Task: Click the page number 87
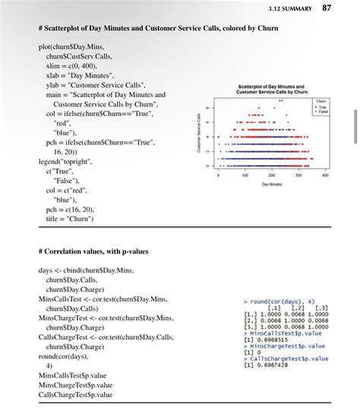point(327,8)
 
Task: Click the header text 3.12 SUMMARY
point(292,9)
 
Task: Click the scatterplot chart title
point(271,90)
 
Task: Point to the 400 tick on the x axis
point(325,174)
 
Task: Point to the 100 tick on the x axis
point(245,174)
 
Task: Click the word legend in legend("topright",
point(50,162)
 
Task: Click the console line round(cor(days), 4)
point(281,301)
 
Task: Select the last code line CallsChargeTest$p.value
point(75,394)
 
